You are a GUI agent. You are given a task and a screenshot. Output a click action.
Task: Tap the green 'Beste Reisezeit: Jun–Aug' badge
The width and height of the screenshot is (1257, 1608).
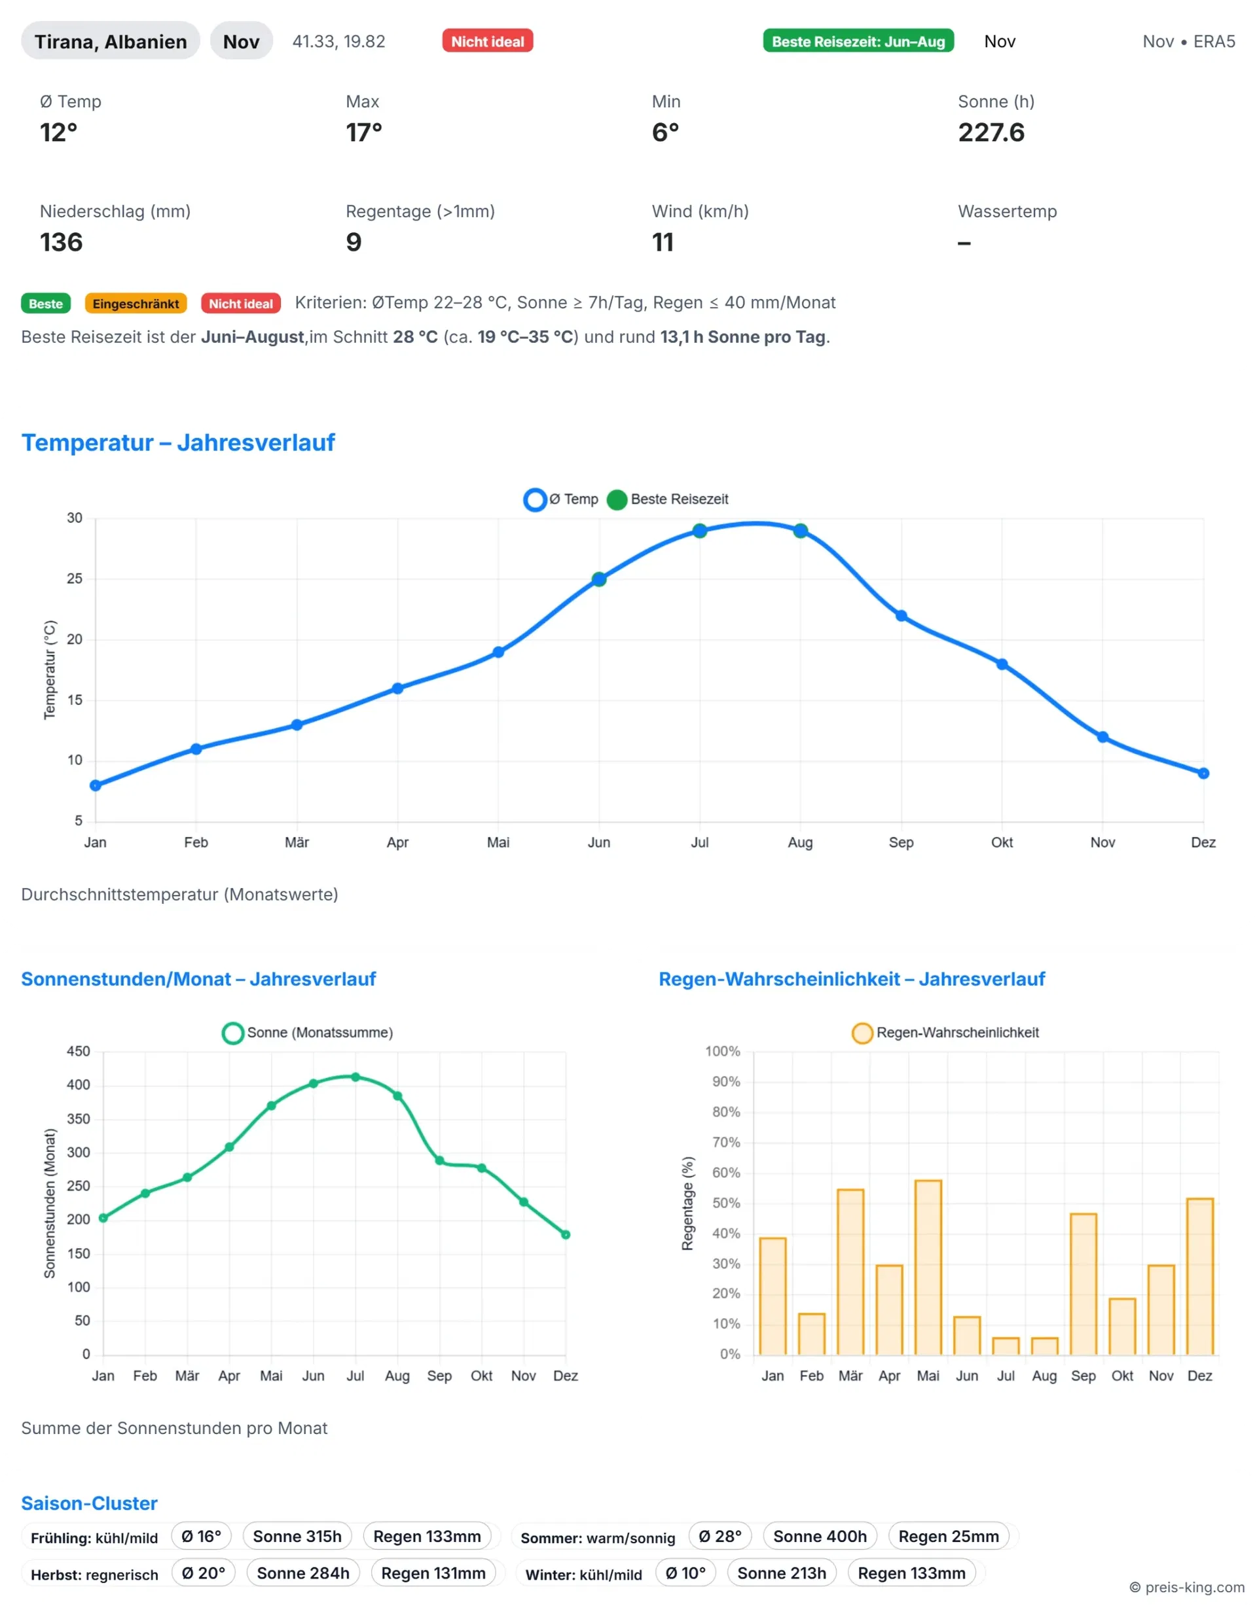click(x=858, y=41)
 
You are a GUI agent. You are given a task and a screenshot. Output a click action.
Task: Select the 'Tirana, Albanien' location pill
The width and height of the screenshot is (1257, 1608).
click(x=111, y=41)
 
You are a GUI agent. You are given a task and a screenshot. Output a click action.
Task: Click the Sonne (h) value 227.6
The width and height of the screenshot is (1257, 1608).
click(x=991, y=132)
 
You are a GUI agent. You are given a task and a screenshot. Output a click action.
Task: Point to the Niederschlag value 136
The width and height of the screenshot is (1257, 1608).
click(x=61, y=242)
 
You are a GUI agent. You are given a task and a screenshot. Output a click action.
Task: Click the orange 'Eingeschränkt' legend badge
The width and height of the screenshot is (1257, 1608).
click(x=136, y=304)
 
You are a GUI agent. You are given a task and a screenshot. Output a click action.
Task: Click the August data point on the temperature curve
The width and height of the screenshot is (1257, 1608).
click(x=801, y=530)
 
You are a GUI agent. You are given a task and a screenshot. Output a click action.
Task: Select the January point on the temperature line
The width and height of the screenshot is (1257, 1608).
click(x=96, y=785)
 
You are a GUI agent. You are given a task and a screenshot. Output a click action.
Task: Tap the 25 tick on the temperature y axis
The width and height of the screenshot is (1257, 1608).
click(x=75, y=579)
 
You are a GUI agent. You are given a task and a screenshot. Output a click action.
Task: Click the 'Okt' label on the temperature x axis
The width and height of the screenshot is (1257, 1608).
click(x=1002, y=842)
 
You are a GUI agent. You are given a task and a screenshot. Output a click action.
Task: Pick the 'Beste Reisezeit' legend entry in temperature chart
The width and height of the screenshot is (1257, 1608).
click(x=668, y=499)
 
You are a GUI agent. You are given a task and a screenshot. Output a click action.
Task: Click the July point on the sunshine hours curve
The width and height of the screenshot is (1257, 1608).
click(x=355, y=1077)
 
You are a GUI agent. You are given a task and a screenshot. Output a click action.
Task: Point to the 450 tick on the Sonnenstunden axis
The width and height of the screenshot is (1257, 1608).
click(x=78, y=1051)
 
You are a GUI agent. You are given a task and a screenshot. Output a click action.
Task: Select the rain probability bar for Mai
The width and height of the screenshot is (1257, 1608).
click(x=928, y=1267)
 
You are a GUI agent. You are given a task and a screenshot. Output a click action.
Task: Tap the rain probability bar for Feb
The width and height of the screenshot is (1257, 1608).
click(x=812, y=1334)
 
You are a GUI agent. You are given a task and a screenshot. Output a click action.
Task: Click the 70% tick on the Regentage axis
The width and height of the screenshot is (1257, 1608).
click(x=726, y=1143)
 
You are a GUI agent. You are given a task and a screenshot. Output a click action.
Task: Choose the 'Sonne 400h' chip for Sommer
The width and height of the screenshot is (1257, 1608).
click(x=820, y=1536)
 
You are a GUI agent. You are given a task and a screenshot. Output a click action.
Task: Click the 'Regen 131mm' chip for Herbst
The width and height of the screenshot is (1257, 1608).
click(x=433, y=1573)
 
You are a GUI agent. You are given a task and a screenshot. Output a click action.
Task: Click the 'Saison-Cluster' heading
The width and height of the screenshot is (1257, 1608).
click(x=89, y=1503)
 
